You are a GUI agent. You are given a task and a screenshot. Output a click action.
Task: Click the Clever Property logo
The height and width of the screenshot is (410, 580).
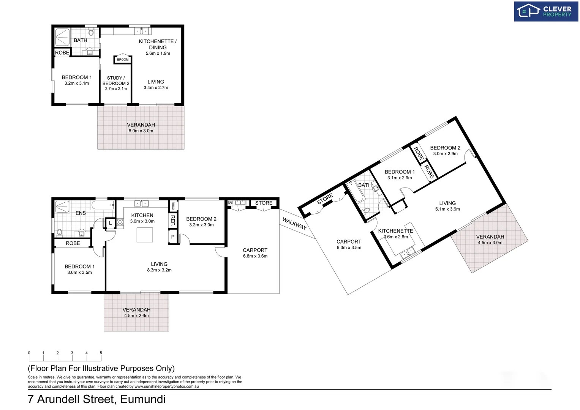click(545, 11)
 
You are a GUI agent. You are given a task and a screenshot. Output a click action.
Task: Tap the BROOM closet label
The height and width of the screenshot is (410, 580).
click(123, 60)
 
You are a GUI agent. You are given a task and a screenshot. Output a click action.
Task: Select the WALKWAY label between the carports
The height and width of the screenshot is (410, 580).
click(294, 223)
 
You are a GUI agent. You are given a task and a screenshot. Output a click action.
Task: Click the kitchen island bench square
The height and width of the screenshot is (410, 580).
click(145, 235)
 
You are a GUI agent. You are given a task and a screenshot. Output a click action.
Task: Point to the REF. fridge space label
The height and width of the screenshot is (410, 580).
click(173, 221)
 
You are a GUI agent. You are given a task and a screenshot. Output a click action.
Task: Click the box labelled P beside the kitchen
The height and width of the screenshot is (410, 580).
click(173, 237)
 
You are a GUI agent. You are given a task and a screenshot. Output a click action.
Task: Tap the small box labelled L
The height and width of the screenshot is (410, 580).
click(111, 223)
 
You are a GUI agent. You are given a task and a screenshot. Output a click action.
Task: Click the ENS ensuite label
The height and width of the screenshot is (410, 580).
click(81, 213)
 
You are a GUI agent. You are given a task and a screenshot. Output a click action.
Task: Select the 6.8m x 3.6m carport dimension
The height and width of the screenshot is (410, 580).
click(255, 256)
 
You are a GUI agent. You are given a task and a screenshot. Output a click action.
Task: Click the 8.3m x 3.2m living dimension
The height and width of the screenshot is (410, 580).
click(159, 270)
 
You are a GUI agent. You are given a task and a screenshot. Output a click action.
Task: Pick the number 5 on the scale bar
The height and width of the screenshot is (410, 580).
click(101, 353)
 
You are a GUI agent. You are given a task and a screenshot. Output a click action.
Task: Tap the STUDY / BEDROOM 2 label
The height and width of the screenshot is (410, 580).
click(116, 80)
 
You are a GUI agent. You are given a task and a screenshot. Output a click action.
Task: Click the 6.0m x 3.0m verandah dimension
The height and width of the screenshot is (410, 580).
click(141, 131)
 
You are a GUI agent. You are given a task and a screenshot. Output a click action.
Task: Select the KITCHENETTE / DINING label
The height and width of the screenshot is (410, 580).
click(158, 44)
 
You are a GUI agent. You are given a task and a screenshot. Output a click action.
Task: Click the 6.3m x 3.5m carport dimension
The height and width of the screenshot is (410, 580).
click(349, 248)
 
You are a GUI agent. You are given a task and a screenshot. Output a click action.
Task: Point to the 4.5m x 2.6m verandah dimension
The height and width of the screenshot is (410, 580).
click(136, 316)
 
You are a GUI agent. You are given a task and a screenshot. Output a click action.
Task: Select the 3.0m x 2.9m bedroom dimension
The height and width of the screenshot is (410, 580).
click(445, 154)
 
